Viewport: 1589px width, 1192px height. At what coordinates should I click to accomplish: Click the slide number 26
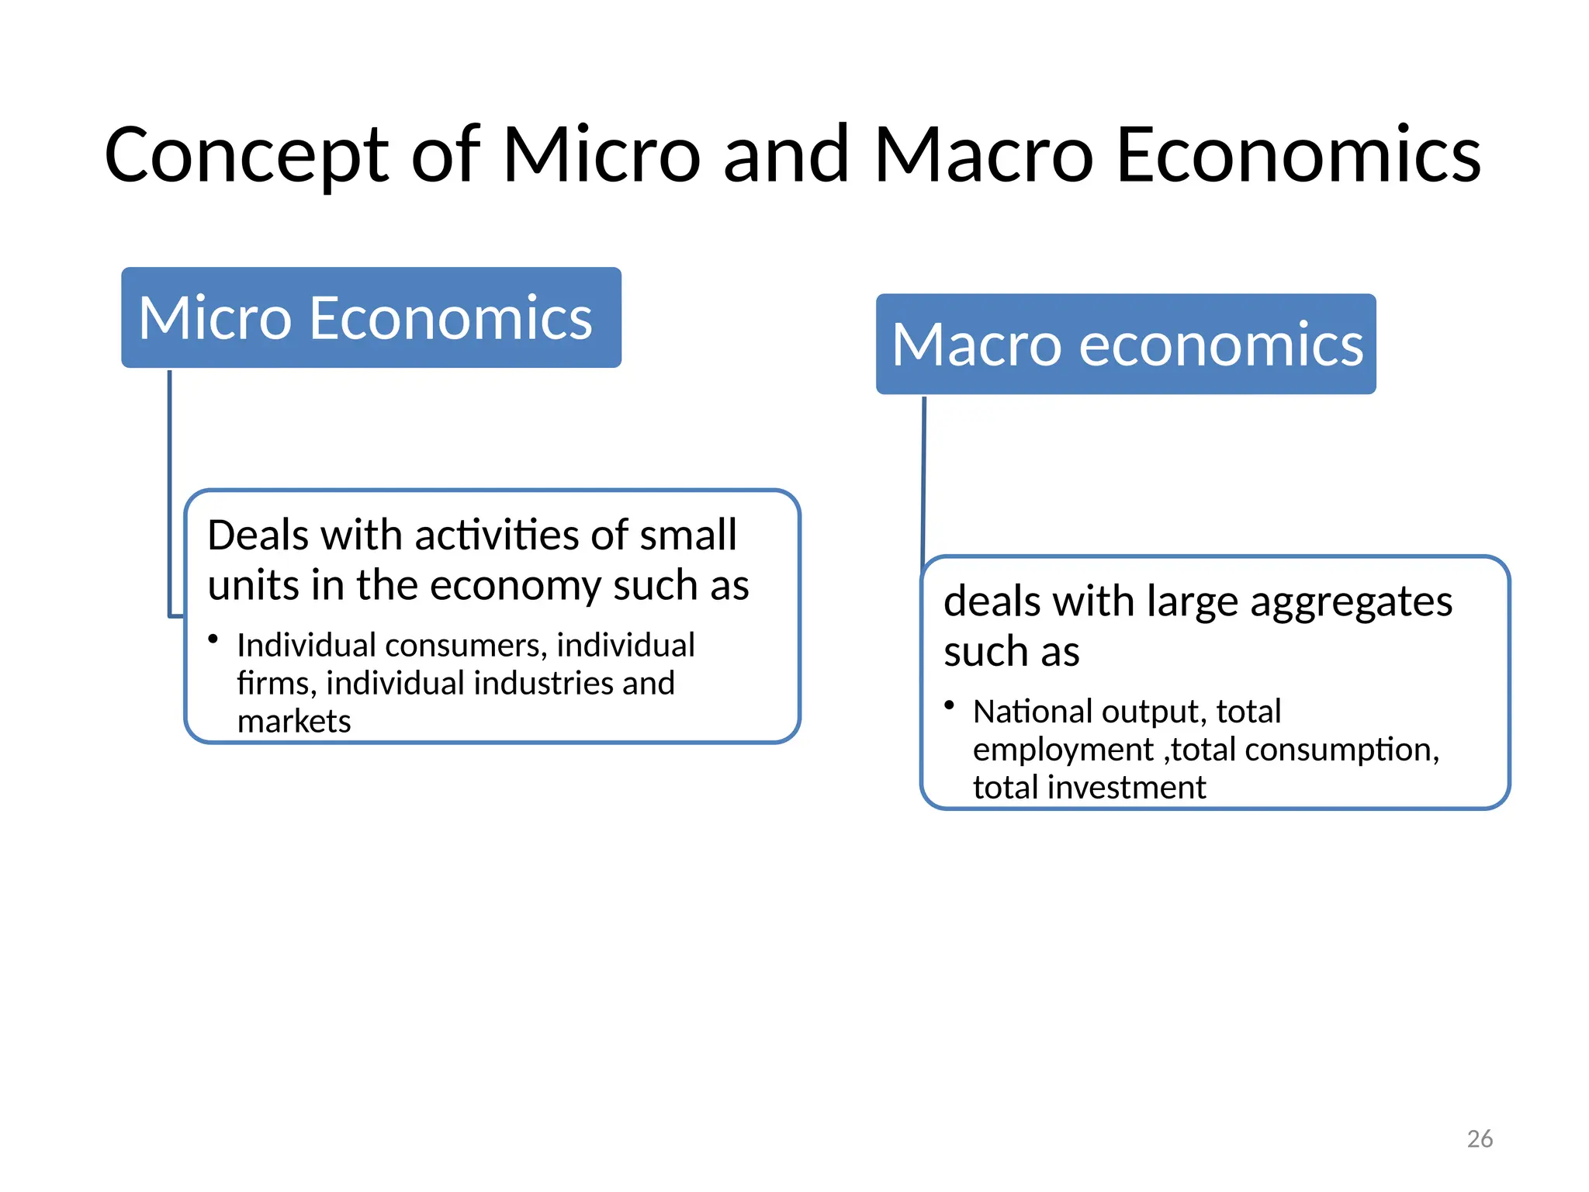pos(1480,1138)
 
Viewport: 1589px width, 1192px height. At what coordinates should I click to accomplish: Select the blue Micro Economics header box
pos(371,317)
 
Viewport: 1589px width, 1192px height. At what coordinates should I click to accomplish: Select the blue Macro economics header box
pos(1126,344)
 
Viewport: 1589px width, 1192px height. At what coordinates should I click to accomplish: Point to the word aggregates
pos(1351,602)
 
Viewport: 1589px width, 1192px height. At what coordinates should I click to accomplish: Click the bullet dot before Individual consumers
pos(213,639)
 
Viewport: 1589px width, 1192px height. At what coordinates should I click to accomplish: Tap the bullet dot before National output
pos(949,705)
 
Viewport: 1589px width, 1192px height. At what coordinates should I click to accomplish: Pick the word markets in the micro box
pos(294,722)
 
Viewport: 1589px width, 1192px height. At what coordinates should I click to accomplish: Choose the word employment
pos(1063,750)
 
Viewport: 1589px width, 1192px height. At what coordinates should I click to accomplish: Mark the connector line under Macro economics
pos(923,473)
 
